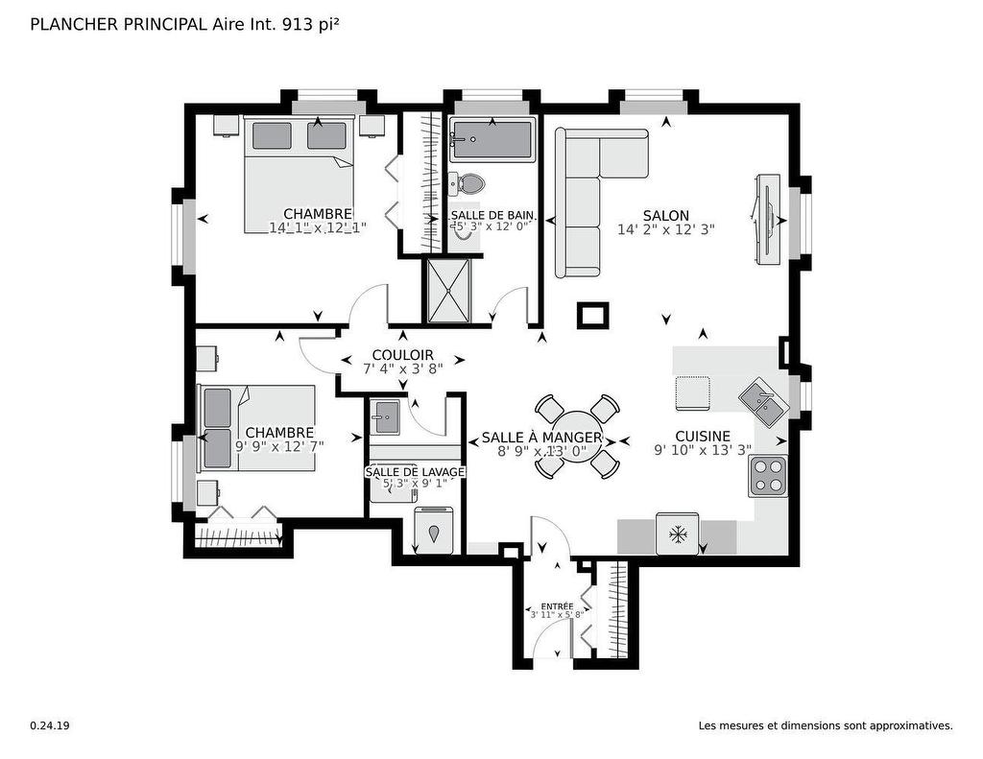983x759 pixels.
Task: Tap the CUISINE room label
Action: coord(702,436)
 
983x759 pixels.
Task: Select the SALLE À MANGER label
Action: coord(541,438)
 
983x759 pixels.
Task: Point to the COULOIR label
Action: coord(402,355)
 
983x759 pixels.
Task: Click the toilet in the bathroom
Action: coord(468,182)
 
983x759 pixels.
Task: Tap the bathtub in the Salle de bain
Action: coord(491,140)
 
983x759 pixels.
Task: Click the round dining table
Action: coord(576,436)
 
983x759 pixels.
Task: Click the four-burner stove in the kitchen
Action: coord(768,474)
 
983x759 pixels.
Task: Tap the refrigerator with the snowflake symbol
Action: coord(678,534)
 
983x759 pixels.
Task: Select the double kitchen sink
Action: coord(764,402)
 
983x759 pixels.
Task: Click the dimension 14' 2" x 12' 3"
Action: coord(666,230)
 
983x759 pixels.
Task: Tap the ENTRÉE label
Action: coord(557,606)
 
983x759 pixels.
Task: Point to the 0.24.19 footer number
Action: coord(49,726)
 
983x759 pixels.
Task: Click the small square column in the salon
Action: coord(592,315)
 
